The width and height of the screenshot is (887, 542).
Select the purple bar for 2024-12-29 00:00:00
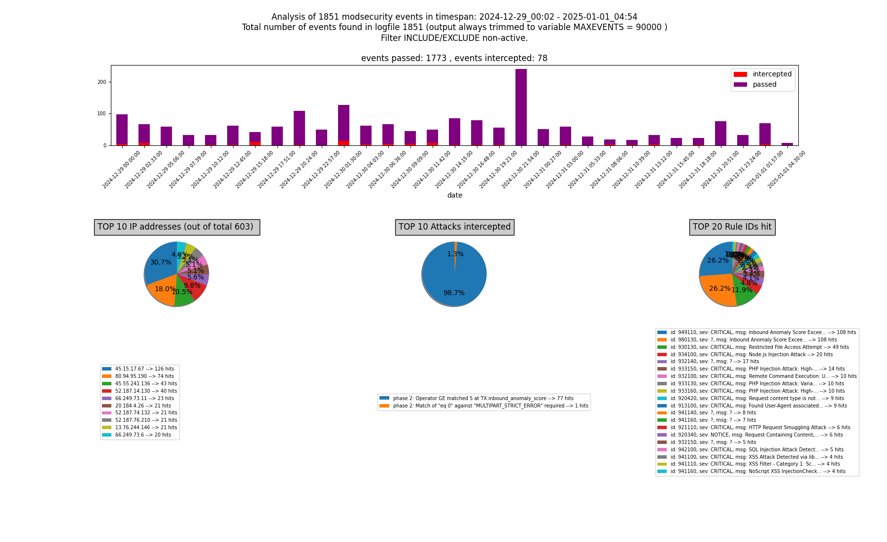click(122, 129)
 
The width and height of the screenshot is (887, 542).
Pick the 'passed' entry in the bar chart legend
click(764, 85)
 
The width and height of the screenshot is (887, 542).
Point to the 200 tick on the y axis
click(102, 82)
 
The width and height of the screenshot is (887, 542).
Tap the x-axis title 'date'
click(454, 195)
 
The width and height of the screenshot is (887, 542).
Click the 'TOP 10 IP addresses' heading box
click(177, 227)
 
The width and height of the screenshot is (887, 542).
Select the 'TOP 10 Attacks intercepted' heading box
click(454, 227)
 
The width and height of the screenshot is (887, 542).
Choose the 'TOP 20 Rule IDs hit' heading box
click(732, 227)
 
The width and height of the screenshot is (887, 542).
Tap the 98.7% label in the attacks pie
click(453, 293)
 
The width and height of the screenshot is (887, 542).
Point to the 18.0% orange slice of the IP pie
click(163, 291)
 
